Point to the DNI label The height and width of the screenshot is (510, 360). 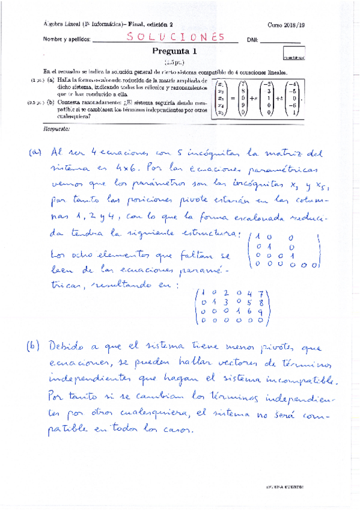click(x=253, y=40)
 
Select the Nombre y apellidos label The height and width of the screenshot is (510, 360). click(x=67, y=40)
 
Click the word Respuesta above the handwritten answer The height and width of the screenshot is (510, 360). click(x=57, y=129)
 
